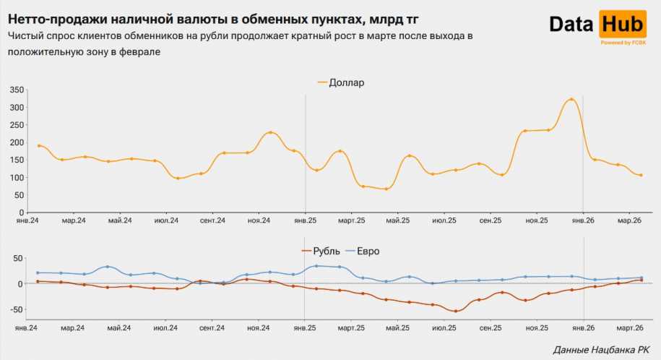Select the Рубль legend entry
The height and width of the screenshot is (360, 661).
point(319,251)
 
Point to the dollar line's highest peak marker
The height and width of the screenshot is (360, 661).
point(571,100)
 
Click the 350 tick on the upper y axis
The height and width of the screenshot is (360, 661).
point(17,90)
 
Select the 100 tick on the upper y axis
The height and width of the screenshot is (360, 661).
point(17,177)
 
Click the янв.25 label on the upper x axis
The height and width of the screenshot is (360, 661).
point(305,220)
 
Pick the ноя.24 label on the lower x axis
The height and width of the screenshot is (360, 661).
point(259,327)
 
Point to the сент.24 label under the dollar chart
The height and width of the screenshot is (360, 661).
point(212,220)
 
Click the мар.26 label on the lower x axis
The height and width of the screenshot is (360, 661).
point(630,327)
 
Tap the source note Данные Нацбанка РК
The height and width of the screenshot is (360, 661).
point(601,350)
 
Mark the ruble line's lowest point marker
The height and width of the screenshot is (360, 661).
point(455,311)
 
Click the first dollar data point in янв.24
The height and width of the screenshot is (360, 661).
point(39,146)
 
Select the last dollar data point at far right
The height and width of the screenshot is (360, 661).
point(641,175)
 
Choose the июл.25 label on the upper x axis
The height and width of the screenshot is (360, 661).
point(444,220)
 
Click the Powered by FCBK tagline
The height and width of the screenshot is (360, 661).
point(623,43)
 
